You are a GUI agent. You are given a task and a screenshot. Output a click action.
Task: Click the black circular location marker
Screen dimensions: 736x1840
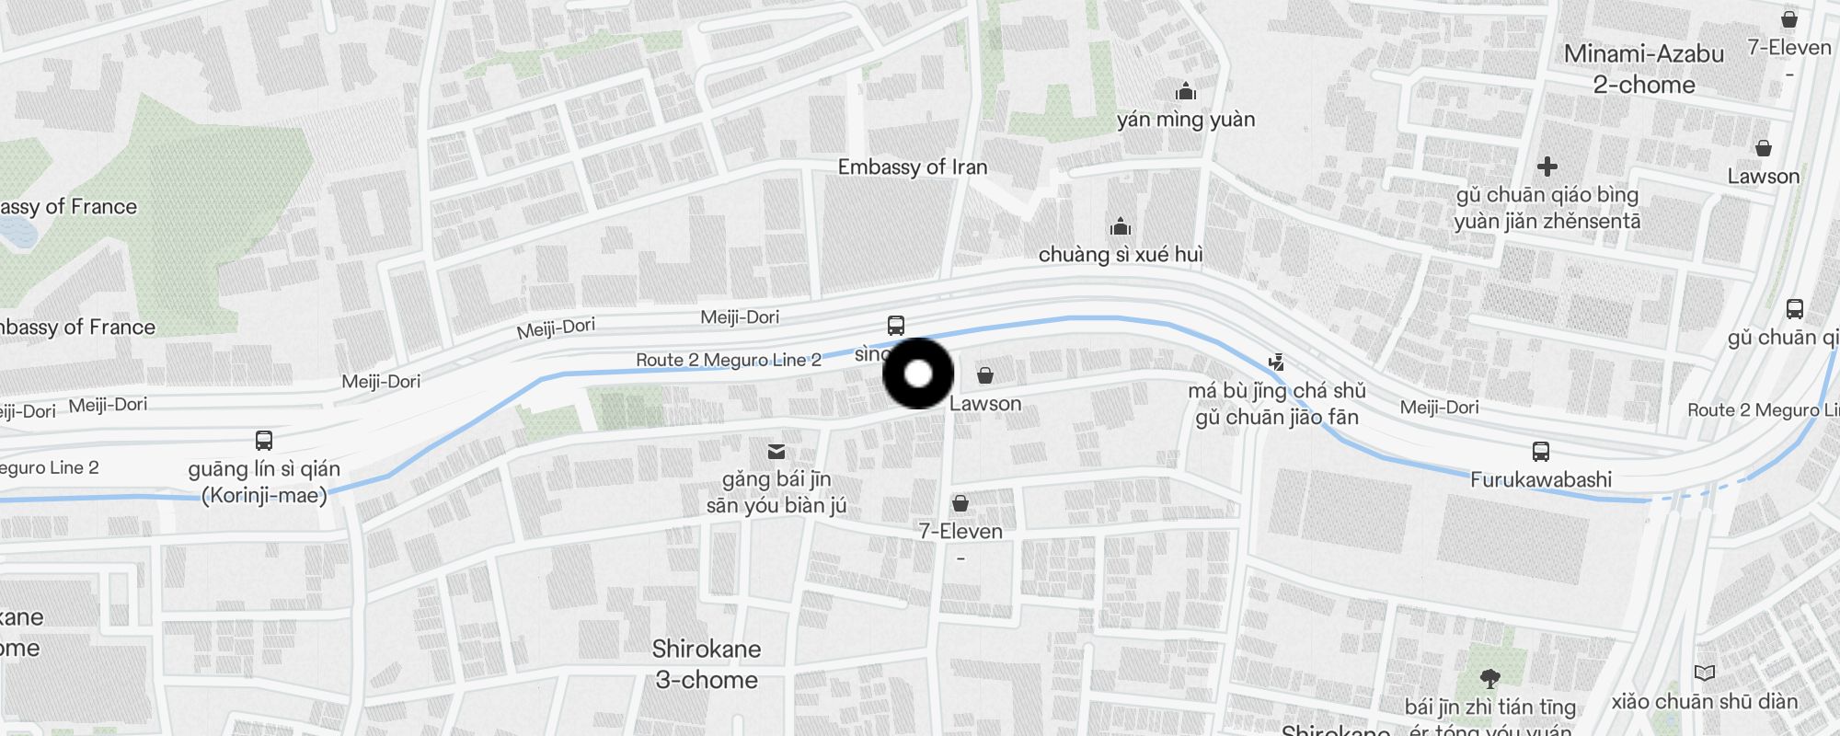click(x=918, y=374)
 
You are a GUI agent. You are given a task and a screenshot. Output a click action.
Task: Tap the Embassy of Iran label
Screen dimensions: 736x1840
click(x=912, y=167)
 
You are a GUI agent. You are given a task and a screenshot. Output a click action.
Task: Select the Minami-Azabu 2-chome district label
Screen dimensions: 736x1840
click(x=1643, y=69)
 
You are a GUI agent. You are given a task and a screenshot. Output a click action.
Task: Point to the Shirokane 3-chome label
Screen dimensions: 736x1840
click(x=707, y=664)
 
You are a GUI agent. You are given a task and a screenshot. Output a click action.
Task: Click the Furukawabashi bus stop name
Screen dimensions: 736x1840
click(x=1540, y=479)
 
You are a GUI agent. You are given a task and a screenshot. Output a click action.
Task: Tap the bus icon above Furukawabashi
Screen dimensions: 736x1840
click(x=1540, y=452)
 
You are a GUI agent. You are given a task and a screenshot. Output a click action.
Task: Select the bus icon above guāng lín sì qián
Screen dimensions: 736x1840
click(x=264, y=441)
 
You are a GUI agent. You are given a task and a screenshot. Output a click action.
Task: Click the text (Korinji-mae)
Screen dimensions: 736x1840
click(x=265, y=496)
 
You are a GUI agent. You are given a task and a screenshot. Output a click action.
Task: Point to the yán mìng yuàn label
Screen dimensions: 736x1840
click(x=1185, y=120)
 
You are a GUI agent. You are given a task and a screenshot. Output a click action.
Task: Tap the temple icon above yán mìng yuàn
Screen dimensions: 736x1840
click(x=1186, y=92)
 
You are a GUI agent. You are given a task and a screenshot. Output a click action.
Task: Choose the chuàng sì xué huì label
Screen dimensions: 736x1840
click(x=1121, y=255)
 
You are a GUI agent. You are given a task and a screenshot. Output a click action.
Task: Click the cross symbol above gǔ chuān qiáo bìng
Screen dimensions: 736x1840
click(x=1547, y=167)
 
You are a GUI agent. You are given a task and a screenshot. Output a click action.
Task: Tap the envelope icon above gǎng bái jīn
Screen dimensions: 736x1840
click(x=776, y=452)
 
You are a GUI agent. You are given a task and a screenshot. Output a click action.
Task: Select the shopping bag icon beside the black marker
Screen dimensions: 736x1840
click(x=985, y=375)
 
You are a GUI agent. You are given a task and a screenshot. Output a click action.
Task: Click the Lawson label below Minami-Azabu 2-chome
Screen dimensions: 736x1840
click(x=1763, y=177)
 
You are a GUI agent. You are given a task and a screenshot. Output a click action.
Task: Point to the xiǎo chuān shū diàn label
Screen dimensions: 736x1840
click(x=1704, y=702)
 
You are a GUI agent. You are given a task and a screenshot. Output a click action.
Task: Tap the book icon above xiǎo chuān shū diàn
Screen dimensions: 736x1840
click(x=1704, y=673)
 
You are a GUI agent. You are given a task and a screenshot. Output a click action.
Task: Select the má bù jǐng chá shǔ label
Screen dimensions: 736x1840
click(x=1276, y=391)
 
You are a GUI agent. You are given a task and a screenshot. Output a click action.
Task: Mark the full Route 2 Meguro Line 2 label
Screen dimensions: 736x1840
click(x=729, y=360)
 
